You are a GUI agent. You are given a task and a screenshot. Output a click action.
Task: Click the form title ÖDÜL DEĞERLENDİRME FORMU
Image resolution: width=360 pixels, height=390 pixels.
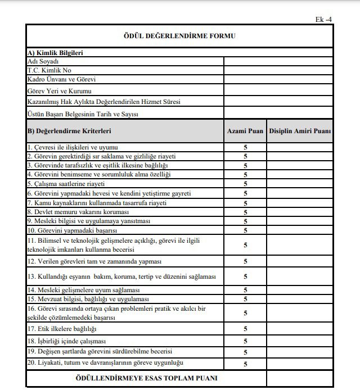[179, 36]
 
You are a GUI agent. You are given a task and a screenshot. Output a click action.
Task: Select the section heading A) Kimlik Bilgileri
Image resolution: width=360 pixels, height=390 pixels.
[55, 53]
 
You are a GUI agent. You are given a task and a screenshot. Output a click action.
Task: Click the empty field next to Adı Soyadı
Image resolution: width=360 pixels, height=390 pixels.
[278, 61]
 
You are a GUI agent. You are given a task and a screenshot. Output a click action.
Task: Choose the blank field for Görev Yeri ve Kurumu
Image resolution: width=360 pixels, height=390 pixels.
[278, 90]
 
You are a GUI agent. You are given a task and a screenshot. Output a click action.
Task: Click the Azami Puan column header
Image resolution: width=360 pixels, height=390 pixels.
[245, 131]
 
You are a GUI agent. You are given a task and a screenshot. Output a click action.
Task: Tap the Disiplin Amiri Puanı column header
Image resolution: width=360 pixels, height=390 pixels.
[299, 131]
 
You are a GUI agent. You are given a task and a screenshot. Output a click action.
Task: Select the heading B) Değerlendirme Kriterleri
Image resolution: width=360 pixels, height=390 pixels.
[69, 131]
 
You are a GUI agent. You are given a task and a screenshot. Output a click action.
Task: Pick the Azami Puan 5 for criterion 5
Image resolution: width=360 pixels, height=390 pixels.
[246, 184]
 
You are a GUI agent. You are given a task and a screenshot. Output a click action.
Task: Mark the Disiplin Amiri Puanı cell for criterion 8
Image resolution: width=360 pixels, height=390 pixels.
[299, 212]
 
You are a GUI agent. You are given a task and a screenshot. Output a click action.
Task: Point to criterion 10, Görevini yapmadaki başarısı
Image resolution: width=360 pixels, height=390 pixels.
[72, 230]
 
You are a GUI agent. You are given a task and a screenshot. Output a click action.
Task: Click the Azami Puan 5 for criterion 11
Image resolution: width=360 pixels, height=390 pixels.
[246, 245]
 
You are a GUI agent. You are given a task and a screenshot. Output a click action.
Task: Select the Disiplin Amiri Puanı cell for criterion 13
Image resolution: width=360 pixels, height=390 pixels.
[299, 276]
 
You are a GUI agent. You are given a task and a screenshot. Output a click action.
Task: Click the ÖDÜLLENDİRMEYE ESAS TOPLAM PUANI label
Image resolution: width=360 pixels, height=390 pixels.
[146, 378]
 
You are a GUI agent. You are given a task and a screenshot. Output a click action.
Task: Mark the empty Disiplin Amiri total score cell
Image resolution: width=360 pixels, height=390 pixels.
[299, 378]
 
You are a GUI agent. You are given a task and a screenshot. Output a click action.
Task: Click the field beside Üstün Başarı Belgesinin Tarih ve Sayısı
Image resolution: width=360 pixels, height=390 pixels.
[278, 114]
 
